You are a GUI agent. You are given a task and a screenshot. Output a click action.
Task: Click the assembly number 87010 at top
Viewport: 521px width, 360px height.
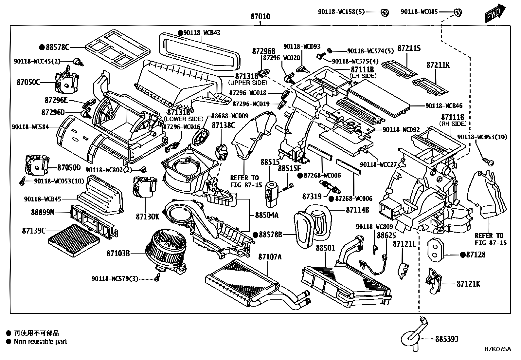point(260,16)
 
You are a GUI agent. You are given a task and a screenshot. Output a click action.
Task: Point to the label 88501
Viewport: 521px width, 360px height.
point(325,248)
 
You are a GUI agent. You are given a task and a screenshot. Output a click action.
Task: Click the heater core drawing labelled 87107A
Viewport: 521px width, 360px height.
point(242,282)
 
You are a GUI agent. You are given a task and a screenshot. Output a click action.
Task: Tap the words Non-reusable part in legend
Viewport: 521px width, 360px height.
point(40,342)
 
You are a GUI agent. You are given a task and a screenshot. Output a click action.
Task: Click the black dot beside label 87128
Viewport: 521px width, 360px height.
point(463,255)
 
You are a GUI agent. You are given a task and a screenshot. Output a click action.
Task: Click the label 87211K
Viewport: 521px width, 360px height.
point(438,65)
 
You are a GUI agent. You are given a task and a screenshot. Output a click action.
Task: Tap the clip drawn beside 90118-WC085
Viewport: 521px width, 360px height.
point(458,12)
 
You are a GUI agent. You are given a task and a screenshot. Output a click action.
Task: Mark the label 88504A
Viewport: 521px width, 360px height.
point(267,215)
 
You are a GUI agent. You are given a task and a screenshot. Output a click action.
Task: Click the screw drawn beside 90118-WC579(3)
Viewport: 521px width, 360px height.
point(157,278)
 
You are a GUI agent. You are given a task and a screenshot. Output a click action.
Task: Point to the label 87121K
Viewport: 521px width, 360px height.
point(468,284)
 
